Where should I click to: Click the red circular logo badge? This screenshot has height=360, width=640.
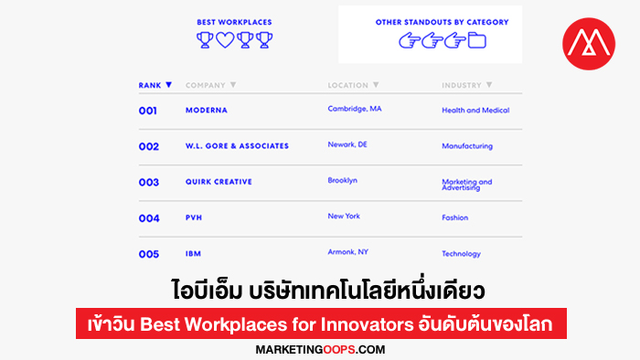[x=589, y=44]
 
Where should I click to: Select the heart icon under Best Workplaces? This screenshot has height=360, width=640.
[x=225, y=40]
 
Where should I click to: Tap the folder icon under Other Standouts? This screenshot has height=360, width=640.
[x=476, y=41]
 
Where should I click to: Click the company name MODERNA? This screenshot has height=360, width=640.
[x=207, y=110]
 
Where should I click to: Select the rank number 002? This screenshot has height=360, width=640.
[x=148, y=146]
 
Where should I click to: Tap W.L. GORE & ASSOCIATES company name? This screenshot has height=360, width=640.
[x=237, y=146]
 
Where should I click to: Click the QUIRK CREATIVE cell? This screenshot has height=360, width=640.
[x=219, y=182]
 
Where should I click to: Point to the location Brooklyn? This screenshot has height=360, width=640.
[x=343, y=180]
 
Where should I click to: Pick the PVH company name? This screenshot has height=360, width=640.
[x=194, y=217]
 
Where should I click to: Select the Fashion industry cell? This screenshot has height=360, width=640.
[x=454, y=217]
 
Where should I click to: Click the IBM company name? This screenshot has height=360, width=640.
[x=193, y=254]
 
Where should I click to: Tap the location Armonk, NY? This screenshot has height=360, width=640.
[x=347, y=252]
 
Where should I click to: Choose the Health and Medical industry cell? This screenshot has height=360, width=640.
[x=475, y=110]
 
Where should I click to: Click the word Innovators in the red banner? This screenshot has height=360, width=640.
[x=367, y=324]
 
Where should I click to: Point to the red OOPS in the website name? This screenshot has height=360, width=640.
[x=339, y=350]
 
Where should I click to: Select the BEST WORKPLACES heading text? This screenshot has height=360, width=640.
[x=234, y=22]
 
